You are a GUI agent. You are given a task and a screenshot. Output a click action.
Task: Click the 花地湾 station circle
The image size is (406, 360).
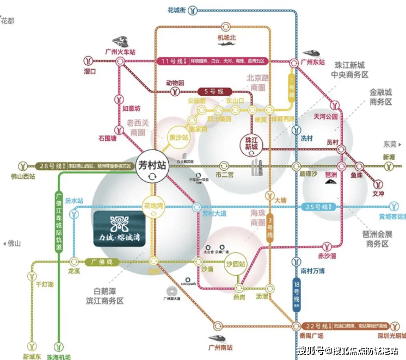tap(153, 208)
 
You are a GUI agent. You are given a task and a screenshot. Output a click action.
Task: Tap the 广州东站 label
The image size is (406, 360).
tap(313, 63)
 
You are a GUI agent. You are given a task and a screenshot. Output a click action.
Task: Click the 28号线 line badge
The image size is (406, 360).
tap(51, 165)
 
